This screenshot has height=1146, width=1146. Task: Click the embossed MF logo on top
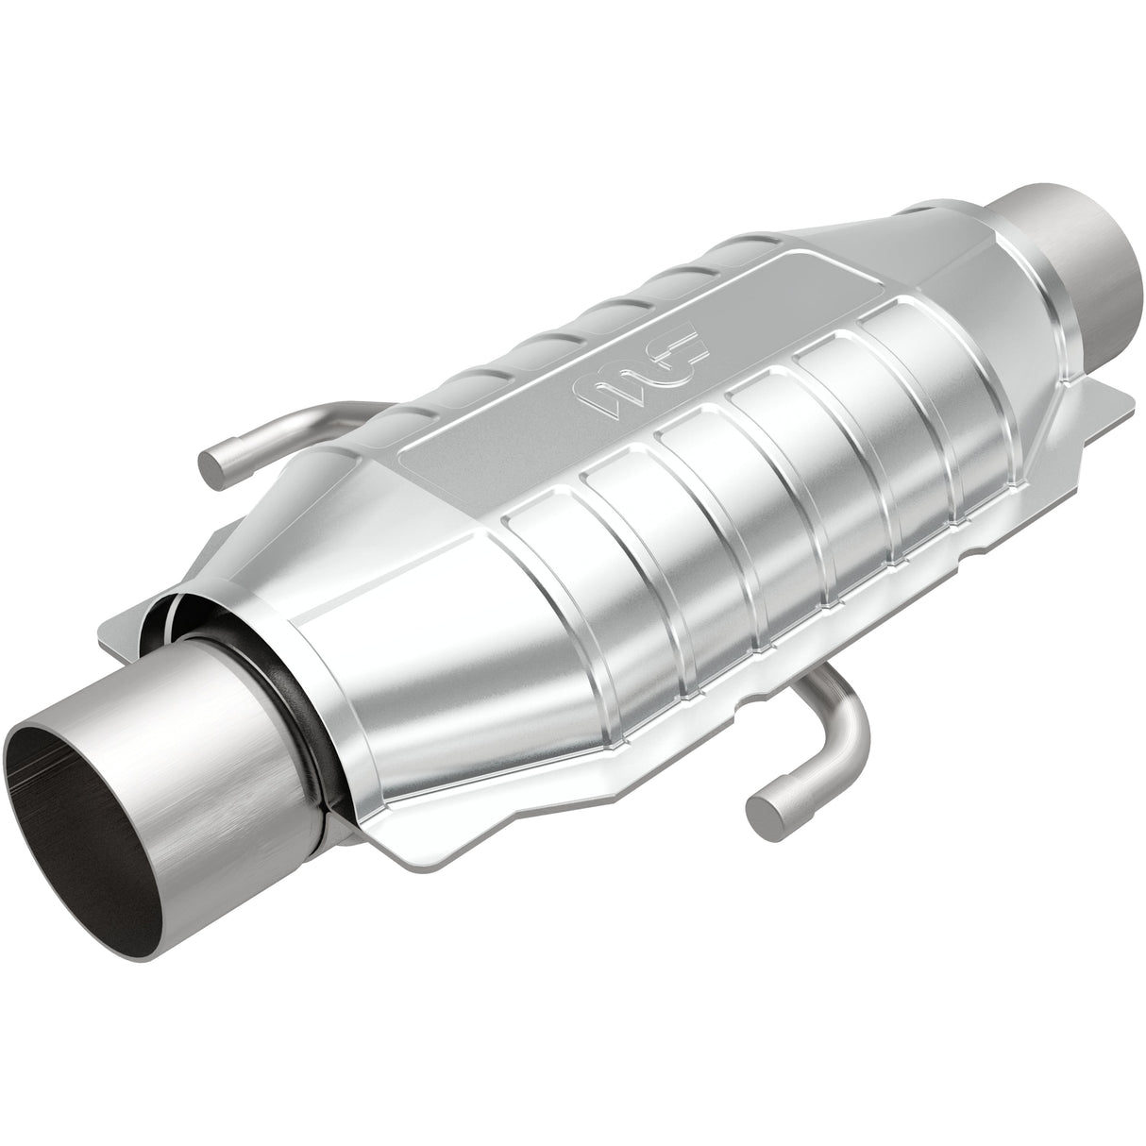click(641, 370)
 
